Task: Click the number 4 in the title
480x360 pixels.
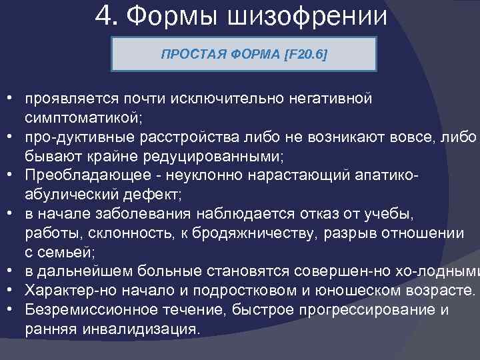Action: click(104, 15)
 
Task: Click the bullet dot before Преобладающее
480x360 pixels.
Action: click(12, 175)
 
